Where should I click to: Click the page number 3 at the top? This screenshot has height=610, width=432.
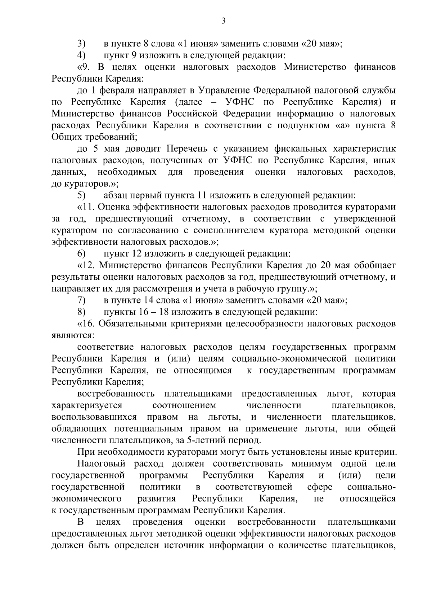point(223,21)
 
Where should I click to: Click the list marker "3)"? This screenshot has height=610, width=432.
point(81,44)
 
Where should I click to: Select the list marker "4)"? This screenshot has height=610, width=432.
point(81,55)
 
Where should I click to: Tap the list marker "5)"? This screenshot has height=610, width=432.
point(81,196)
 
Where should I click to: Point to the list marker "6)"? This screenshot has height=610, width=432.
point(81,254)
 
